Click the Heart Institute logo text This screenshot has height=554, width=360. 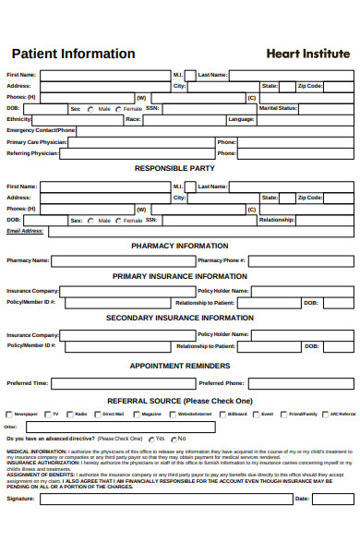point(308,54)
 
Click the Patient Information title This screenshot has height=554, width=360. point(73,54)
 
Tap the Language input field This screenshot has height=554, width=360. point(304,120)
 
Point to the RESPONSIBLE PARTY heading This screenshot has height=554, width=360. point(174,169)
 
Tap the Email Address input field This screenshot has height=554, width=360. point(199,232)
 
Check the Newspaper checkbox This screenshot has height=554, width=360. point(9,415)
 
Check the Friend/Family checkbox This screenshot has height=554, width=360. point(283,415)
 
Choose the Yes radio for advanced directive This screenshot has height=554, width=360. point(149,439)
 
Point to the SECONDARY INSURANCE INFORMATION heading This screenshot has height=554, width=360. point(180,319)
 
